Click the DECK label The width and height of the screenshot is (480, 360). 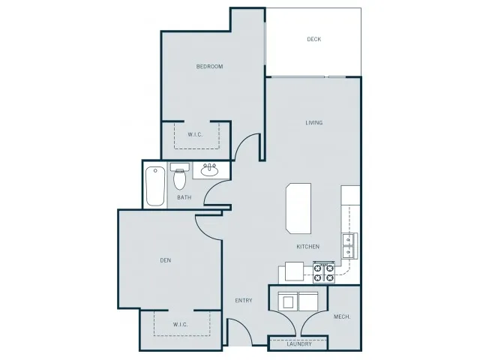click(x=313, y=39)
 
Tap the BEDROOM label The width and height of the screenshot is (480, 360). click(x=210, y=67)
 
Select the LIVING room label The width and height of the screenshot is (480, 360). click(x=314, y=123)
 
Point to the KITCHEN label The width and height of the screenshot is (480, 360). click(x=308, y=247)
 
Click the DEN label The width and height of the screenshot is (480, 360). click(x=166, y=260)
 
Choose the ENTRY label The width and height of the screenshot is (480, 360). click(x=244, y=300)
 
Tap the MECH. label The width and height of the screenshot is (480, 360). click(x=342, y=316)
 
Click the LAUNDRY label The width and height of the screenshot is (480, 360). click(x=299, y=343)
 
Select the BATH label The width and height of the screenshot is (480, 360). click(x=184, y=197)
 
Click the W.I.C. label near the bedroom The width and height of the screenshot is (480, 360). click(x=195, y=134)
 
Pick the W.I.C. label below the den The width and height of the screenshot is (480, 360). click(x=180, y=325)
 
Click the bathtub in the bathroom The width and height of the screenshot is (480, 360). click(x=155, y=186)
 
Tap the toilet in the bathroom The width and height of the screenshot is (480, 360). click(x=180, y=175)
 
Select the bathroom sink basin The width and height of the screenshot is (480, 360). click(x=209, y=170)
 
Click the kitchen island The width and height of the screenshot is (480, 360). click(x=298, y=208)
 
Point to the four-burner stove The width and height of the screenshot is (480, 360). click(x=323, y=272)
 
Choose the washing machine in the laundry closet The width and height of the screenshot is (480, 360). click(x=288, y=301)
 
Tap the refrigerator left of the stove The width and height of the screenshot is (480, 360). click(x=294, y=271)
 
